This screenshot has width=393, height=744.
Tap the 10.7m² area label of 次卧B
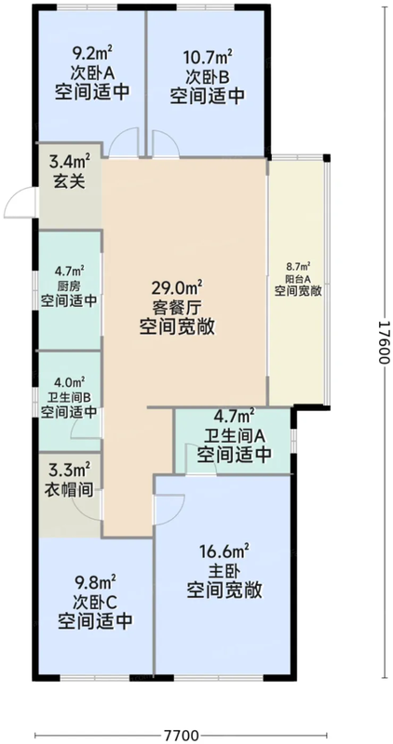(209, 59)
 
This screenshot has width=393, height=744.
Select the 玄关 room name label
(71, 182)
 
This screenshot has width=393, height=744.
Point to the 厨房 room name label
(70, 286)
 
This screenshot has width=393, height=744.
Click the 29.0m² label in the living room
(178, 287)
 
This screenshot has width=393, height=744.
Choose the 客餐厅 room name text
(177, 308)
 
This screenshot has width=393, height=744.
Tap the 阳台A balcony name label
(298, 279)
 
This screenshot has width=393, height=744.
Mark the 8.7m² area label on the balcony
(298, 267)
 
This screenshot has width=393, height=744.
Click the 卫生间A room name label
(235, 435)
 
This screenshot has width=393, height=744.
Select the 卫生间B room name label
(70, 397)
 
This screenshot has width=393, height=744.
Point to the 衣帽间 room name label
(70, 487)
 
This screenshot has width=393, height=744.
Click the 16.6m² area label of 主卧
(224, 551)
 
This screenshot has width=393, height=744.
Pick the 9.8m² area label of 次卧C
(95, 582)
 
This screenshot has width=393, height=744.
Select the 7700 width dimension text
(182, 736)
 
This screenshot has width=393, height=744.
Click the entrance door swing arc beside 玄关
(13, 195)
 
